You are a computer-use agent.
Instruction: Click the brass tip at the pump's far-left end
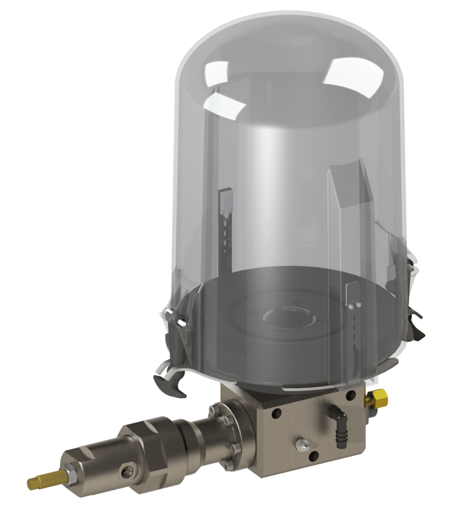[38, 482]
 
